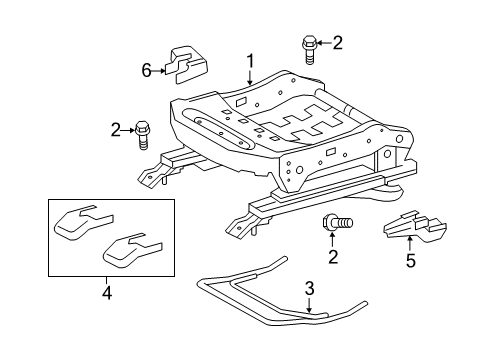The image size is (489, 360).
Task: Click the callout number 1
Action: pyautogui.click(x=250, y=62)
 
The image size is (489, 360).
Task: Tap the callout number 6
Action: pyautogui.click(x=147, y=70)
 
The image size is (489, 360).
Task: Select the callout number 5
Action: pyautogui.click(x=411, y=260)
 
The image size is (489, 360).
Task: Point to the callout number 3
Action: pyautogui.click(x=310, y=289)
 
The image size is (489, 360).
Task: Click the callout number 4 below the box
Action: pyautogui.click(x=107, y=293)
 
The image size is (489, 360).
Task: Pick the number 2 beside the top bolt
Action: pyautogui.click(x=337, y=43)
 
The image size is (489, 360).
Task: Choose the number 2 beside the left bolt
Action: pyautogui.click(x=116, y=130)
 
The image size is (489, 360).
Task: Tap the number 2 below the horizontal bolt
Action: pyautogui.click(x=333, y=257)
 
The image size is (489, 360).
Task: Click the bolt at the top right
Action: pyautogui.click(x=309, y=50)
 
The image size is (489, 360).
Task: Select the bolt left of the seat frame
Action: pyautogui.click(x=142, y=135)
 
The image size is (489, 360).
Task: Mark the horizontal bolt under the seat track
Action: pyautogui.click(x=337, y=222)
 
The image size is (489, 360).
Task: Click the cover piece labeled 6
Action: pyautogui.click(x=188, y=65)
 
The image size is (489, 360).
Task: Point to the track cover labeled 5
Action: pyautogui.click(x=415, y=226)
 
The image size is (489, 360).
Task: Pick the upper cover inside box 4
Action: pyautogui.click(x=83, y=222)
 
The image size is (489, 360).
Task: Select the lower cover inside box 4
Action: pyautogui.click(x=132, y=250)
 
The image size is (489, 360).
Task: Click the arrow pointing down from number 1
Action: pyautogui.click(x=250, y=78)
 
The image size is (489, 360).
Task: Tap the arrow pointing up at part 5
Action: pyautogui.click(x=410, y=243)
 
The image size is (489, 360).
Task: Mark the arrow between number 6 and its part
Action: pyautogui.click(x=159, y=71)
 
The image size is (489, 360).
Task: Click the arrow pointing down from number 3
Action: pyautogui.click(x=310, y=306)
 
